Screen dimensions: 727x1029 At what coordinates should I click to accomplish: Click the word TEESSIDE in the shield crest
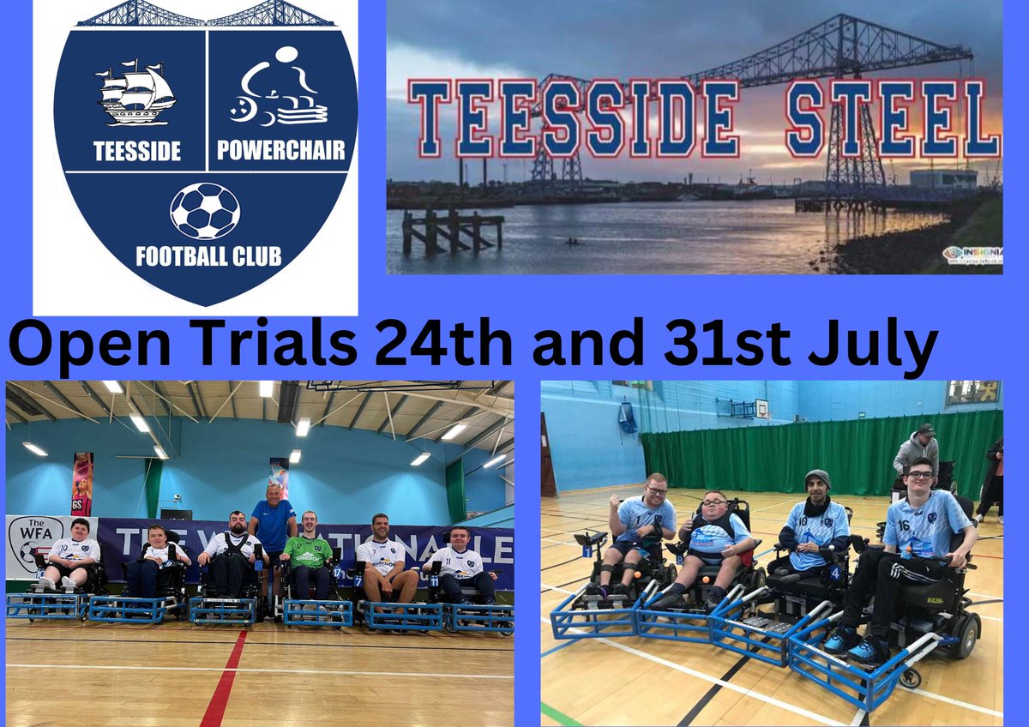click(x=138, y=152)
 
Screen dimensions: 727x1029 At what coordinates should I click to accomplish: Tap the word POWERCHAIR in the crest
click(x=281, y=152)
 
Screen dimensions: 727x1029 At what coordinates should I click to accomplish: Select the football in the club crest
click(x=205, y=211)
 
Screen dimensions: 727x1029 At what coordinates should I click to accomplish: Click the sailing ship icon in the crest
click(x=136, y=93)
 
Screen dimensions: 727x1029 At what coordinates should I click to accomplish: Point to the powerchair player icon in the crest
click(x=278, y=90)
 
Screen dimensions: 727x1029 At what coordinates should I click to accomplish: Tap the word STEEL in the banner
click(x=892, y=120)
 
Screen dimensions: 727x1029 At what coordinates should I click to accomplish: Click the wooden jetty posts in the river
click(x=449, y=229)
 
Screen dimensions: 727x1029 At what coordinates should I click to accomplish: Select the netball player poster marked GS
click(x=82, y=484)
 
